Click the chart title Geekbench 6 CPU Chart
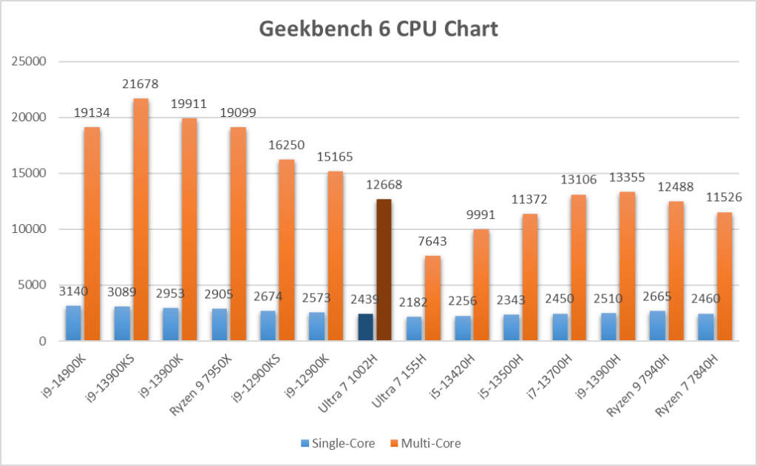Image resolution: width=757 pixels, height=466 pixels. click(378, 29)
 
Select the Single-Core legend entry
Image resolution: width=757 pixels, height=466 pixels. click(337, 444)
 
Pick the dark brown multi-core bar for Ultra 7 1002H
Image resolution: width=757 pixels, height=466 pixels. click(383, 270)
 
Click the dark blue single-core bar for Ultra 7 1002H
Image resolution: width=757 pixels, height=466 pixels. click(365, 328)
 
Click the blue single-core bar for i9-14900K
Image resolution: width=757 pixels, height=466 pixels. click(74, 323)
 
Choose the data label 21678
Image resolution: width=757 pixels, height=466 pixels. click(140, 84)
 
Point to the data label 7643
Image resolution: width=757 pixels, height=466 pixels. click(432, 241)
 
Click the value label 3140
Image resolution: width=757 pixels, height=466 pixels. click(72, 291)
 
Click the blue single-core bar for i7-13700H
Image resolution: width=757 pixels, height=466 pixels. click(560, 328)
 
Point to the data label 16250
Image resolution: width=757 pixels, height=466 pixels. click(286, 145)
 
